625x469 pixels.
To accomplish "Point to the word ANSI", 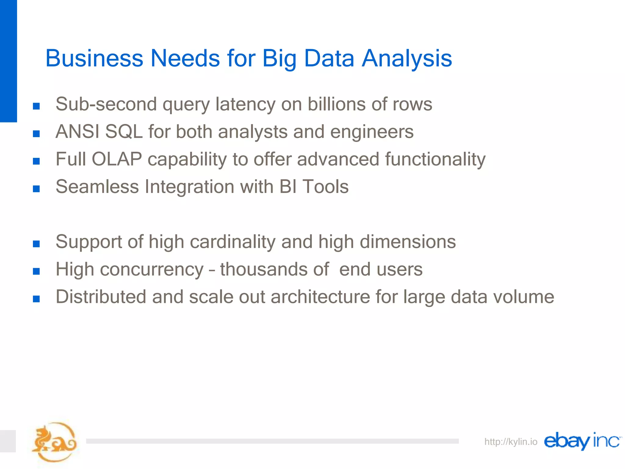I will [x=78, y=132].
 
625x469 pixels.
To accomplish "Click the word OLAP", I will [x=117, y=159].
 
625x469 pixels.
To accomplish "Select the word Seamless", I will [x=97, y=187].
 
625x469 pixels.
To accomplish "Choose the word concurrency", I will [x=152, y=269].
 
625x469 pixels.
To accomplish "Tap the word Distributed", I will [x=101, y=297].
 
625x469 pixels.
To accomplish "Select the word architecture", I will [x=320, y=297].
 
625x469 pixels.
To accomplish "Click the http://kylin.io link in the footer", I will [x=511, y=442].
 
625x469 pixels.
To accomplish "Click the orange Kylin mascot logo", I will [x=54, y=442].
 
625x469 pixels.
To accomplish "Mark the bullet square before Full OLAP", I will [x=36, y=161].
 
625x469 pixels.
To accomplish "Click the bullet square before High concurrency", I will [x=36, y=271].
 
